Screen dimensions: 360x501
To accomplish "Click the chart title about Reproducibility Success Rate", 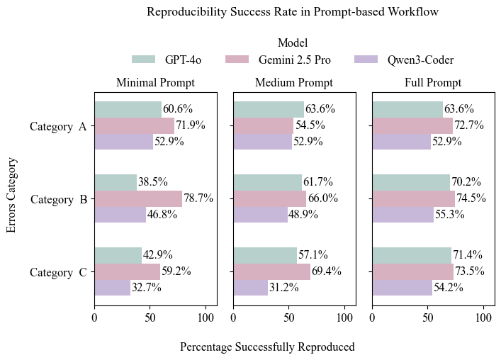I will point(292,12).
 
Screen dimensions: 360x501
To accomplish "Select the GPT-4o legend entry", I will point(167,60).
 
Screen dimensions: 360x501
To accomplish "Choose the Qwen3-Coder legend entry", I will point(404,60).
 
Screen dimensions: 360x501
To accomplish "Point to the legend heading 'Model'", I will point(292,43).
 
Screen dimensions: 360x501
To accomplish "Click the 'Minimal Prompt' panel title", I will point(155,83).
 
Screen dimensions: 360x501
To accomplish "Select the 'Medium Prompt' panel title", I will point(293,83).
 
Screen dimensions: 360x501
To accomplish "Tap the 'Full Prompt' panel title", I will point(432,83).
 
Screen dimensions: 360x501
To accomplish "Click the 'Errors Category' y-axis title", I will point(11,195).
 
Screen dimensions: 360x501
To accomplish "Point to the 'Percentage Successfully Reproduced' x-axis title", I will point(267,347).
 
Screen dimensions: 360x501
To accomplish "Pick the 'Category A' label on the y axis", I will point(58,127).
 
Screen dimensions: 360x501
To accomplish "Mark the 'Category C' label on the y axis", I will point(58,272).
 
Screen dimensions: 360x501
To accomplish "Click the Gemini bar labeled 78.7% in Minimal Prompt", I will point(138,198).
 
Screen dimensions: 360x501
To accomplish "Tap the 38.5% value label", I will point(155,182).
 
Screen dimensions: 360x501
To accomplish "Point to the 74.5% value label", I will point(473,198).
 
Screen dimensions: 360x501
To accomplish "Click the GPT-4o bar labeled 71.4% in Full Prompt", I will point(412,255).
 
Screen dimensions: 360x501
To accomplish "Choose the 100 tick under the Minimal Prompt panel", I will point(206,317).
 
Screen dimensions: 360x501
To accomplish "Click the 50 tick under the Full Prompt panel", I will point(428,317).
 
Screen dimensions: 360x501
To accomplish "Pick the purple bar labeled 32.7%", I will point(113,288).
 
